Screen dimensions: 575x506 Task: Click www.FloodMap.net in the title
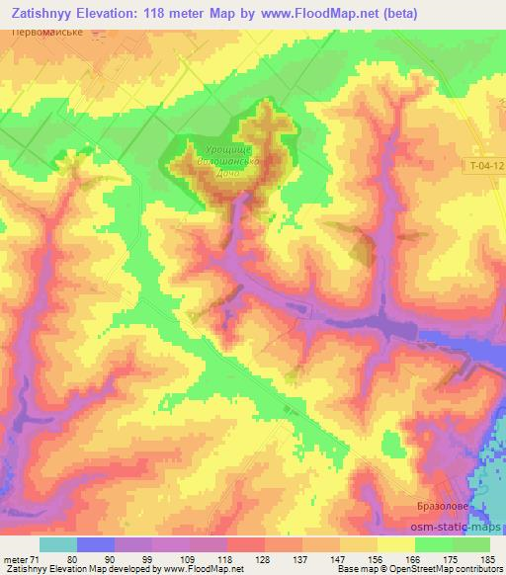pyautogui.click(x=305, y=13)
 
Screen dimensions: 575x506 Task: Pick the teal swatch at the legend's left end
pyautogui.click(x=57, y=544)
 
